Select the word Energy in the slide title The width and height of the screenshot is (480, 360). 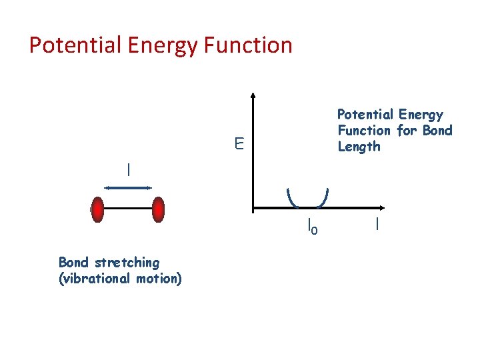tap(153, 45)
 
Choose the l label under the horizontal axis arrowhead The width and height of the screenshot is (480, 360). tap(377, 225)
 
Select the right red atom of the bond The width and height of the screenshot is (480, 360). tap(158, 209)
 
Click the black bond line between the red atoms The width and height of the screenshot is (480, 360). tap(128, 209)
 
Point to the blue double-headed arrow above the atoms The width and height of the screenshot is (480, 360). tap(129, 188)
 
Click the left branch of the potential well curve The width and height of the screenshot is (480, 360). tap(291, 197)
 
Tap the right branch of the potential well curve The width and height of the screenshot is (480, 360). tap(325, 197)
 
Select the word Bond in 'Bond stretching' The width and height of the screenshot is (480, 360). tap(72, 262)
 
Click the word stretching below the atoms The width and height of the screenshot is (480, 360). tap(124, 263)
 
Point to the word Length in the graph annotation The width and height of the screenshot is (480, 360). tap(359, 147)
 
